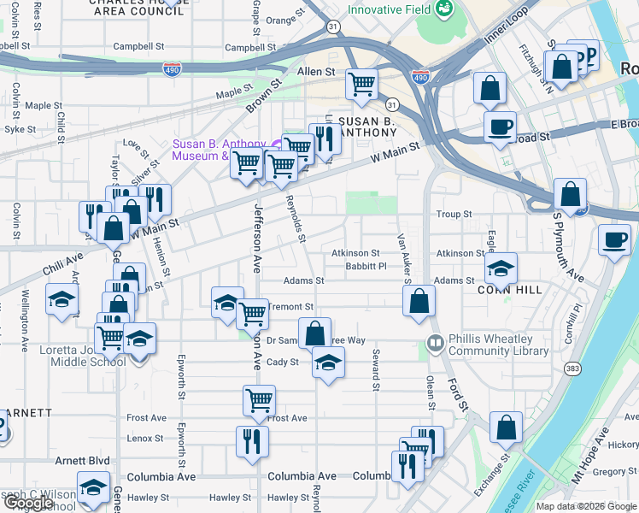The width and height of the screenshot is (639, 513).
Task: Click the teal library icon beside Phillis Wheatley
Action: (435, 345)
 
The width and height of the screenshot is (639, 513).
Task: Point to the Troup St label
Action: (454, 215)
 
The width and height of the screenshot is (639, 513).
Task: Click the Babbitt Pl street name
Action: (366, 267)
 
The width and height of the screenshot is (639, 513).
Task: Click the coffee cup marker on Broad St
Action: (501, 127)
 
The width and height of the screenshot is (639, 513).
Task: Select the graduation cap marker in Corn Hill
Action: (501, 268)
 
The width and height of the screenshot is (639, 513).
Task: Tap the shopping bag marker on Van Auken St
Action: (419, 301)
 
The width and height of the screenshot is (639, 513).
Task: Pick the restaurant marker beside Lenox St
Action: (252, 441)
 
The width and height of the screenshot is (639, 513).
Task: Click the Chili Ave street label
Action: (64, 262)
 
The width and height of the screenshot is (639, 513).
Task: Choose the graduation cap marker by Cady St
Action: (328, 363)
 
